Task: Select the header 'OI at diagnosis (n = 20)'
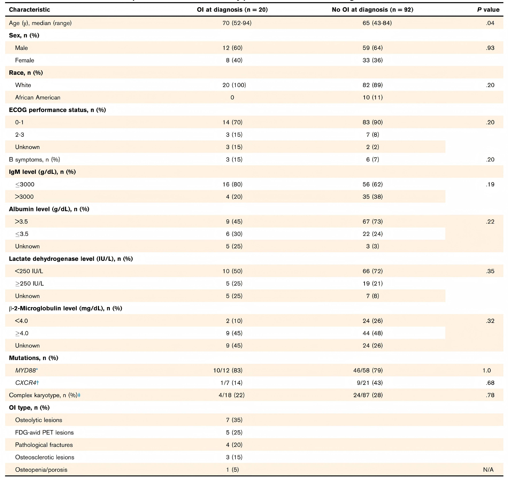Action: pyautogui.click(x=232, y=10)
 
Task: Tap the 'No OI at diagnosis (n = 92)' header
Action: pyautogui.click(x=372, y=10)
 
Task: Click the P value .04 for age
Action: pyautogui.click(x=490, y=23)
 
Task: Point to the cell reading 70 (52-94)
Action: pyautogui.click(x=237, y=23)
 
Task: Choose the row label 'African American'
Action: pyautogui.click(x=38, y=98)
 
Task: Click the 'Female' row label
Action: pyautogui.click(x=25, y=60)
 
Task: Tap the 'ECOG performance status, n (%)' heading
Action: pyautogui.click(x=57, y=110)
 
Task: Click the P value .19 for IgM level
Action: pyautogui.click(x=490, y=184)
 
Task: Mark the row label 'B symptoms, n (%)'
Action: pyautogui.click(x=34, y=160)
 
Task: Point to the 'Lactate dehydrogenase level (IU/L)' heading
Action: pyautogui.click(x=71, y=259)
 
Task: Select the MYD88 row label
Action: pyautogui.click(x=26, y=371)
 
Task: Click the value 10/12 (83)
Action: pyautogui.click(x=228, y=371)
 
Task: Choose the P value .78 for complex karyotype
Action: pyautogui.click(x=490, y=395)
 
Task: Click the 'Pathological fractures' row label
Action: pyautogui.click(x=44, y=445)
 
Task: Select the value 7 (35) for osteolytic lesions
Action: pyautogui.click(x=234, y=420)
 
